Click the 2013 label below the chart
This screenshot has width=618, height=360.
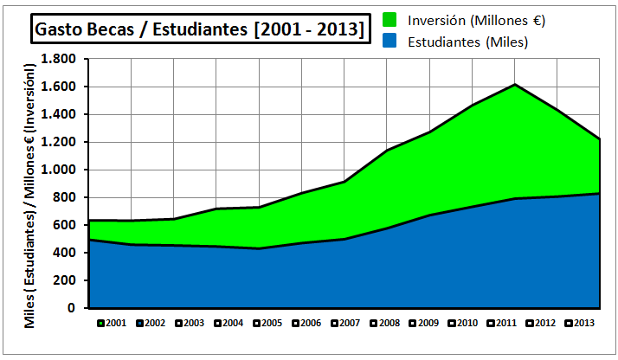[x=581, y=323]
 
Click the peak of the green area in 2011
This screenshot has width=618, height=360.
[x=516, y=85]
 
